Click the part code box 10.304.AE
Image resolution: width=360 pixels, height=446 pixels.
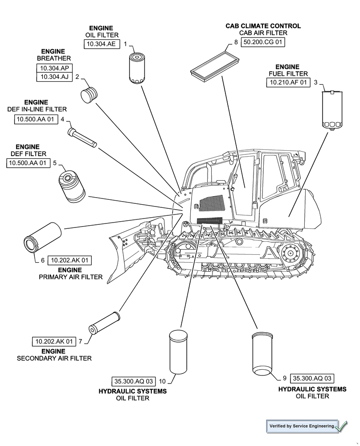[102, 44]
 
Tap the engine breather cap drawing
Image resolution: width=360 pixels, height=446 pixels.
[90, 94]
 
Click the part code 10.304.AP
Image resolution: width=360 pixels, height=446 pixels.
[54, 68]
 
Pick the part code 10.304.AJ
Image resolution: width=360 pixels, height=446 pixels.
[54, 77]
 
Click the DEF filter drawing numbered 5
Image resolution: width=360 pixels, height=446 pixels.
[71, 185]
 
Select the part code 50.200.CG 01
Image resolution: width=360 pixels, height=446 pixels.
[263, 42]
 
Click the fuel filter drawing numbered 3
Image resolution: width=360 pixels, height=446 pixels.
[332, 109]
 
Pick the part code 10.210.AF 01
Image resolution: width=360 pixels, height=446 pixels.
[288, 83]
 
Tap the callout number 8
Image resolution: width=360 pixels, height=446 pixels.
[236, 42]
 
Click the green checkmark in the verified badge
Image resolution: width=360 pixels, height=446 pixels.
[341, 426]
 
